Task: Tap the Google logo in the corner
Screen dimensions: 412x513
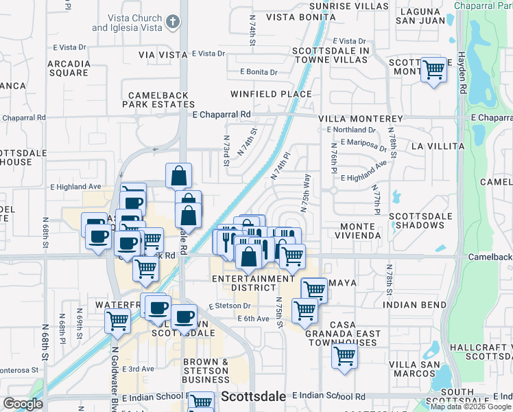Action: pyautogui.click(x=23, y=404)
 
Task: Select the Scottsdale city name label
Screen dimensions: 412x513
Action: pyautogui.click(x=252, y=397)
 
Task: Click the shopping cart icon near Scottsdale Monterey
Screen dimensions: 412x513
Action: pyautogui.click(x=433, y=69)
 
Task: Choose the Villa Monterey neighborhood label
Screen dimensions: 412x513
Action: pyautogui.click(x=360, y=118)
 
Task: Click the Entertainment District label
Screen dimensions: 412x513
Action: pyautogui.click(x=253, y=284)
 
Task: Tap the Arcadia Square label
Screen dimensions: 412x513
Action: pyautogui.click(x=68, y=68)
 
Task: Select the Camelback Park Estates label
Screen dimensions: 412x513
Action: pyautogui.click(x=158, y=100)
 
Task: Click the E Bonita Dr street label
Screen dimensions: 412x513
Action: pyautogui.click(x=259, y=72)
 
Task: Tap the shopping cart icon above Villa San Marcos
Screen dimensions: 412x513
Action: pyautogui.click(x=344, y=356)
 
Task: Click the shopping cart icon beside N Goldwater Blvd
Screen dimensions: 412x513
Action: pyautogui.click(x=117, y=319)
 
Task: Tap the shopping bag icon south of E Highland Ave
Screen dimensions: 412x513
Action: pyautogui.click(x=178, y=175)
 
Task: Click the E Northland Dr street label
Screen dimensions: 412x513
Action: pyautogui.click(x=352, y=130)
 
